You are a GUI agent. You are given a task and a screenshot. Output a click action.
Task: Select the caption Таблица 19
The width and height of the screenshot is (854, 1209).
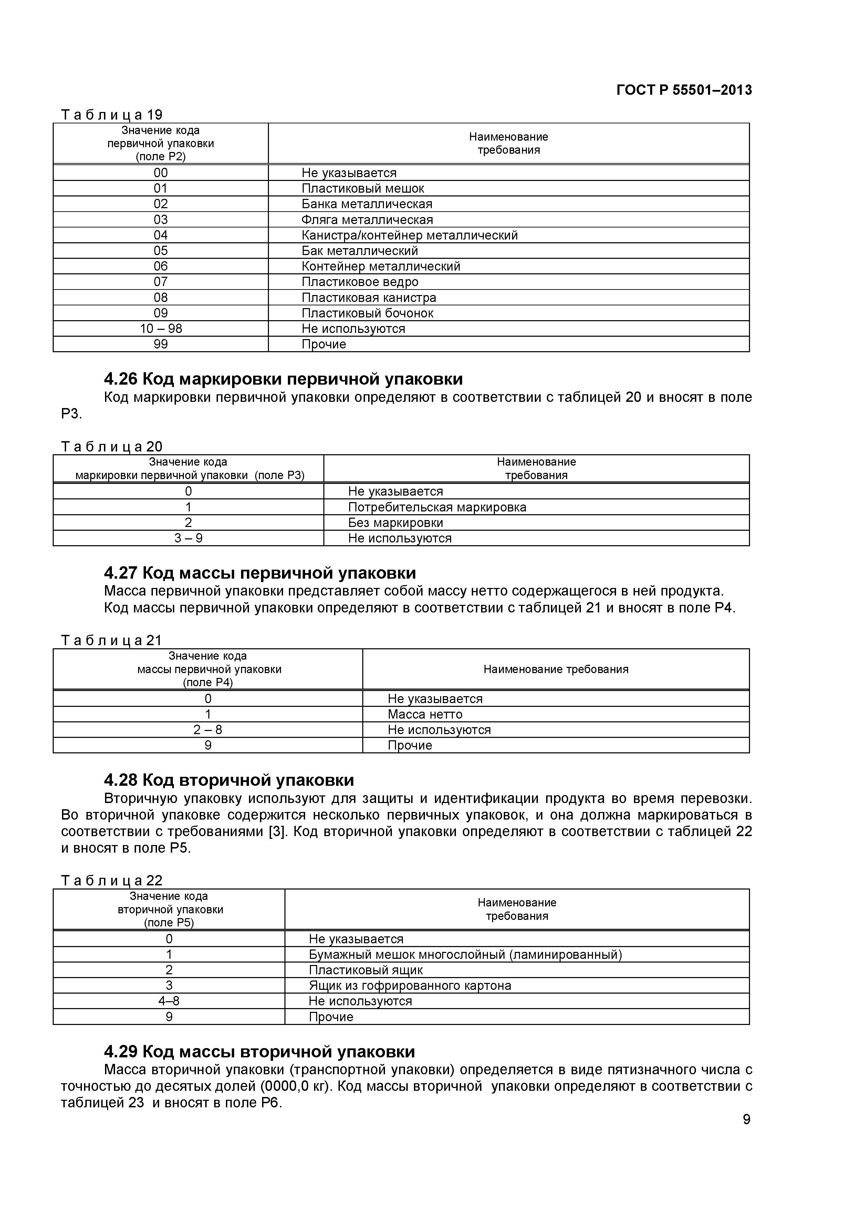(112, 114)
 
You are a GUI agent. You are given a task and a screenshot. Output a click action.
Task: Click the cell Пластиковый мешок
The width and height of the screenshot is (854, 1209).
(363, 189)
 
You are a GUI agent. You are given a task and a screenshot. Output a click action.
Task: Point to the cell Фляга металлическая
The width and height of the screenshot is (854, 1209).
(367, 220)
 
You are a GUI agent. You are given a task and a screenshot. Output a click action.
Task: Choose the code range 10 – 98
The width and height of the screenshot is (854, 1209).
(160, 328)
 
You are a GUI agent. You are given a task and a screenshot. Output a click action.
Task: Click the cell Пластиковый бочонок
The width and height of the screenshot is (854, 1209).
(367, 313)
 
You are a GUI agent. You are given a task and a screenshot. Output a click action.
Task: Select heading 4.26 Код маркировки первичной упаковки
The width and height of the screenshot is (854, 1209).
(283, 379)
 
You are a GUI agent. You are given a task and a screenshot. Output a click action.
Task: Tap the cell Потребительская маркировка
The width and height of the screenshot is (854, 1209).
(437, 507)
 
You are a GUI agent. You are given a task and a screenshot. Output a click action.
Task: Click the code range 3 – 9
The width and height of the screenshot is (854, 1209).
(188, 538)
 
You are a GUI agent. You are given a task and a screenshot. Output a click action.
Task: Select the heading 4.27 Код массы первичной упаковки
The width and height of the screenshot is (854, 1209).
(260, 573)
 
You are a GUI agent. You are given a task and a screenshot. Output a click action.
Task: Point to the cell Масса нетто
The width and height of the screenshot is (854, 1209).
(425, 714)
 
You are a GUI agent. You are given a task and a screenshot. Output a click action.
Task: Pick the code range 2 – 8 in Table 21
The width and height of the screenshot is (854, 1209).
(208, 730)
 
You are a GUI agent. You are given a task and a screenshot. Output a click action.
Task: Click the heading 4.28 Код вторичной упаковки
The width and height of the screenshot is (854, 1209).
(229, 780)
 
